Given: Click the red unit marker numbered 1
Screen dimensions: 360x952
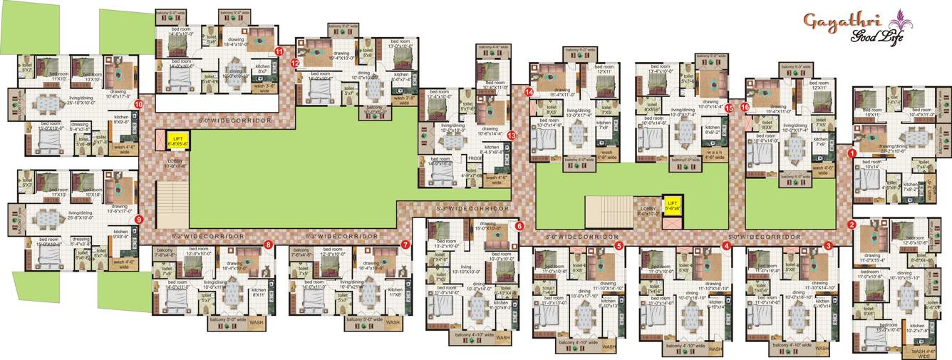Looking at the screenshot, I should pos(852,152).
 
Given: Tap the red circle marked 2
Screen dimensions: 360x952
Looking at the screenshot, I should pos(852,225).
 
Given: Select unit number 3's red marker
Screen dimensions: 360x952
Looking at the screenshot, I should pos(829,245).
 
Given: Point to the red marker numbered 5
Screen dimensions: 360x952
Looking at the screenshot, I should pos(619,245).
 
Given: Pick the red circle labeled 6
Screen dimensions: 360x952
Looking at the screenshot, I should pos(519,226).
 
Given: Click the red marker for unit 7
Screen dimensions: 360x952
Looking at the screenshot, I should pos(405,245).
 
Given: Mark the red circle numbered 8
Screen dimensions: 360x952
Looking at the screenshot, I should pos(268,245).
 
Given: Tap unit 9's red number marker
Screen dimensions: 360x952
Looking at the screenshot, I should pos(139,220).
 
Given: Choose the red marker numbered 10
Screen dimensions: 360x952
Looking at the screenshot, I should pos(139,104).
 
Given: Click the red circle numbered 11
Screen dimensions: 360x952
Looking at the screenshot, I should pos(279,51).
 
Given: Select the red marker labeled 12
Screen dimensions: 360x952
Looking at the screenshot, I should pos(295,63).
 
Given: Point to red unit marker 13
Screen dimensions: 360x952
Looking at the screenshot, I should pos(512,133).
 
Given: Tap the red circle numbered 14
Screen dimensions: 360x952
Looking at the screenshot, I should pos(529,92).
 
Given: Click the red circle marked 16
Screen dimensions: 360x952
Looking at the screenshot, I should pos(745,108).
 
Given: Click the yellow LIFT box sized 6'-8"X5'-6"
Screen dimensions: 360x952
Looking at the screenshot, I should pos(176,140).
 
